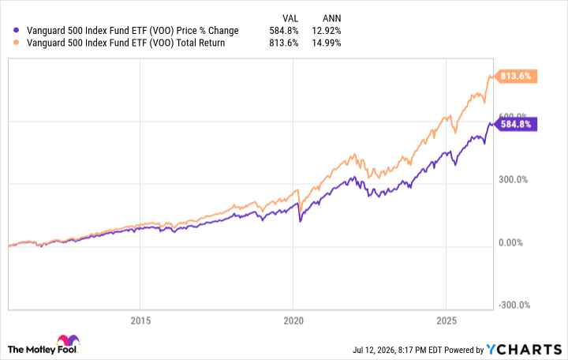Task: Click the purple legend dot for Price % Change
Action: pos(16,31)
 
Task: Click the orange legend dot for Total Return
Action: pos(16,43)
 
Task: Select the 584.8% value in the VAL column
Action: pos(284,31)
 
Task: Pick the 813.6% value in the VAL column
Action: pos(284,43)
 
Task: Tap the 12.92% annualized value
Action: pos(327,31)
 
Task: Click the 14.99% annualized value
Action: pos(327,43)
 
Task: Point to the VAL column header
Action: pos(290,18)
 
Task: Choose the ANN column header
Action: pos(332,18)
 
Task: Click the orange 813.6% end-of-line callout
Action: pos(515,76)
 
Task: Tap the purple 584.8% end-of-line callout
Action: pos(515,125)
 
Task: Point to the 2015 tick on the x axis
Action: pos(140,321)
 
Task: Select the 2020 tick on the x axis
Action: pos(293,321)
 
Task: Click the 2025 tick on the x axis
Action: pos(447,321)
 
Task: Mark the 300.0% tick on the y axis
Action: pos(513,180)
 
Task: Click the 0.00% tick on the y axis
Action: pos(510,242)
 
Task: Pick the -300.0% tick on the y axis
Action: pos(514,306)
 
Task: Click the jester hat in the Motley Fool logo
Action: pos(68,340)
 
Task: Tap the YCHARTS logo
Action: pos(524,350)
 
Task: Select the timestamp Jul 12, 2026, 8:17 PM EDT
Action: pos(398,350)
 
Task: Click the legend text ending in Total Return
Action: pos(125,43)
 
